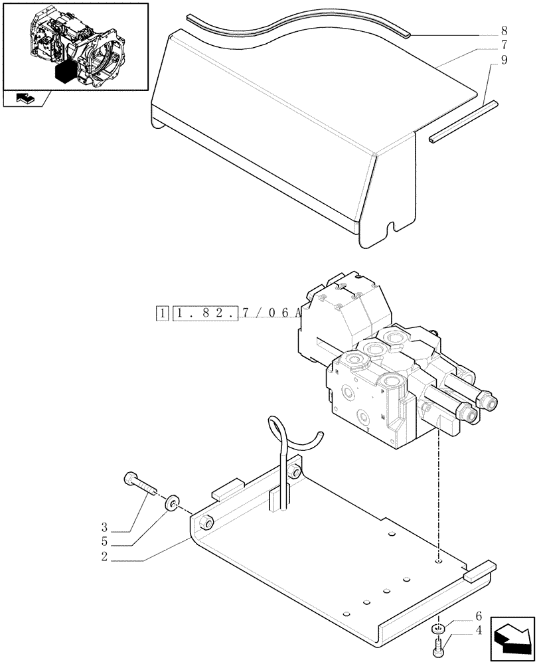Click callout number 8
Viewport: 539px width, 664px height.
[504, 31]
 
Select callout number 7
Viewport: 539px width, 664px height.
[504, 46]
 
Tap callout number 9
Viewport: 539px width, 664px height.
[504, 60]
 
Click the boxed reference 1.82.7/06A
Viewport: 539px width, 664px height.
[236, 312]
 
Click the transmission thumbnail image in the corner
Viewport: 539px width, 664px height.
[75, 46]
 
